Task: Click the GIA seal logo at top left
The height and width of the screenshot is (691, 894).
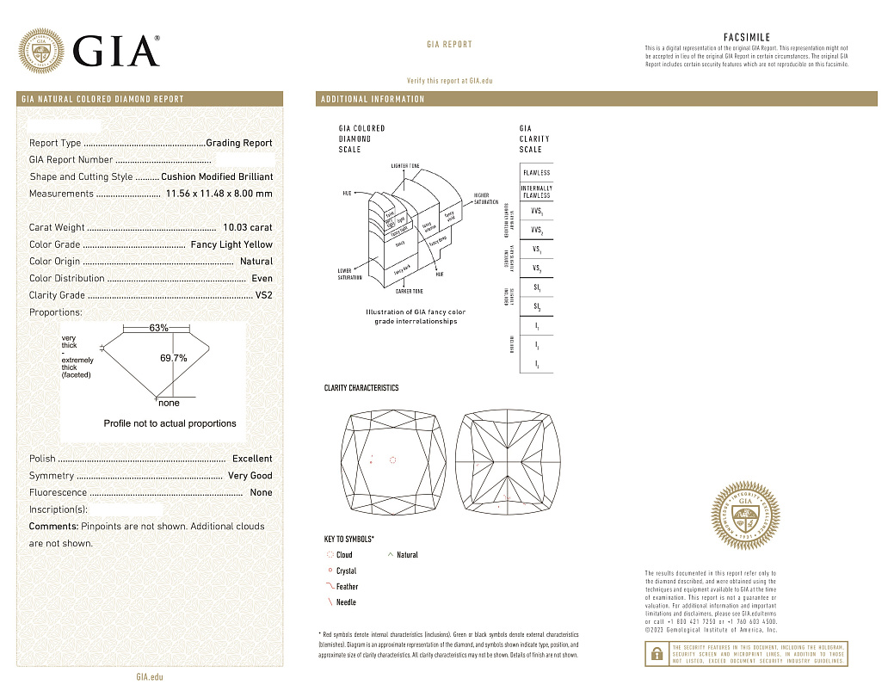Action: coord(42,51)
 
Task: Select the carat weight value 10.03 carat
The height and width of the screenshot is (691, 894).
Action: coord(247,228)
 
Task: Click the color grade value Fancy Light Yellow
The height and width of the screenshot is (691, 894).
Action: coord(231,244)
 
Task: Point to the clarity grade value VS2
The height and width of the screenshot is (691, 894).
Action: coord(263,295)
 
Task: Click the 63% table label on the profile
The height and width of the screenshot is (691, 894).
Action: coord(158,328)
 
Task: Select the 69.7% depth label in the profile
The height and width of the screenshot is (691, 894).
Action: coord(174,357)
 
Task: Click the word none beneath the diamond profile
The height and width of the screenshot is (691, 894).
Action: coord(169,403)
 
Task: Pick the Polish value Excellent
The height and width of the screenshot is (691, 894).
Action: coord(251,459)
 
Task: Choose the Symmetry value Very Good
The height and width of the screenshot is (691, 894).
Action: coord(250,476)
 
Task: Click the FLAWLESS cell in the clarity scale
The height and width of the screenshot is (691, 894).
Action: coord(536,173)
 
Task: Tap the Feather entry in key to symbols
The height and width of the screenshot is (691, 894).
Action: coord(347,587)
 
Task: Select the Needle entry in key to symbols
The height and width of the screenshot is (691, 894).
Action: coord(346,602)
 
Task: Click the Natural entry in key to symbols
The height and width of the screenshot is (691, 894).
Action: coord(407,555)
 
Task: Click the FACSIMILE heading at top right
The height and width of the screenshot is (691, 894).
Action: coord(746,38)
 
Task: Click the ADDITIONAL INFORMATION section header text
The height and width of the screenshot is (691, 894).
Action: coord(373,100)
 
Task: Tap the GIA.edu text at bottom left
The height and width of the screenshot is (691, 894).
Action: coord(150,677)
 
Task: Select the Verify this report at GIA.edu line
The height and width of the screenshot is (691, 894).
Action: coord(449,80)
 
